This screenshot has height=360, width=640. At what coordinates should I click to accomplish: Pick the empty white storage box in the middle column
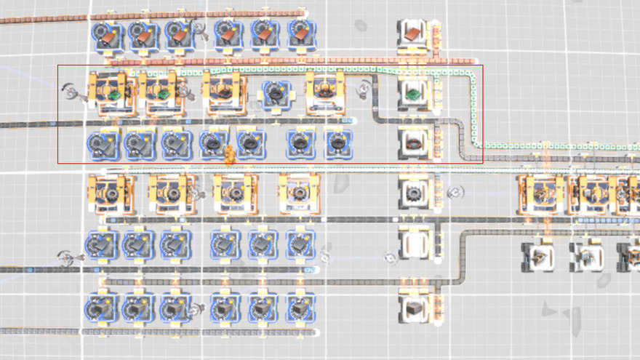(412, 244)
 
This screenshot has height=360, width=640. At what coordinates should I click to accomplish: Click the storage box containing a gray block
(412, 309)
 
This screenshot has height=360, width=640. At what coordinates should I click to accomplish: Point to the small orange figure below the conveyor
(229, 154)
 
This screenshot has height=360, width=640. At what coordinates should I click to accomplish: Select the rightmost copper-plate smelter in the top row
(300, 33)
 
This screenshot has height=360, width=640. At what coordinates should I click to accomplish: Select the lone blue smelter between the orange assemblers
(276, 92)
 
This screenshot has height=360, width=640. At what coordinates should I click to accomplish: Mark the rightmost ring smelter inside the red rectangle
(337, 143)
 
